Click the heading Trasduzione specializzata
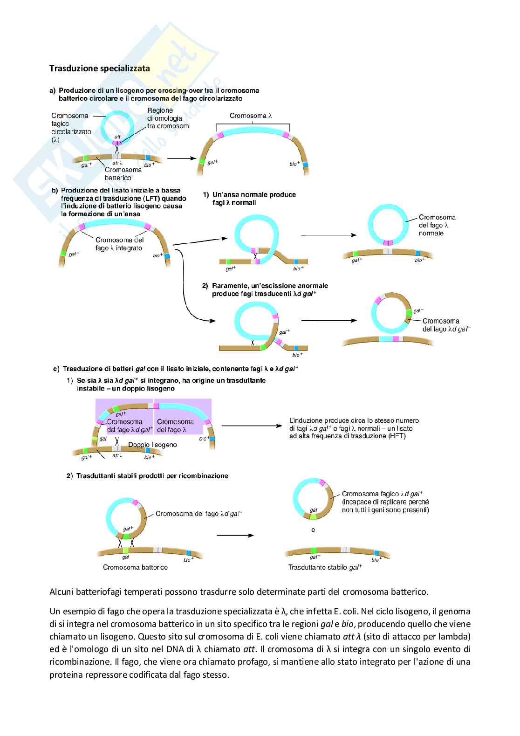click(100, 69)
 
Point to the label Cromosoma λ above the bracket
click(251, 116)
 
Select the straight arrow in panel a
click(180, 158)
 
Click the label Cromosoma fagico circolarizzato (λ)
click(69, 127)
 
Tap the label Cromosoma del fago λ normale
click(437, 225)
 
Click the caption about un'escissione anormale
click(269, 289)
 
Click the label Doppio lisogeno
click(152, 445)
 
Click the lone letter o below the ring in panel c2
click(313, 530)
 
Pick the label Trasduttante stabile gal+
click(325, 567)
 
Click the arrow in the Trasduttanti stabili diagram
click(235, 536)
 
